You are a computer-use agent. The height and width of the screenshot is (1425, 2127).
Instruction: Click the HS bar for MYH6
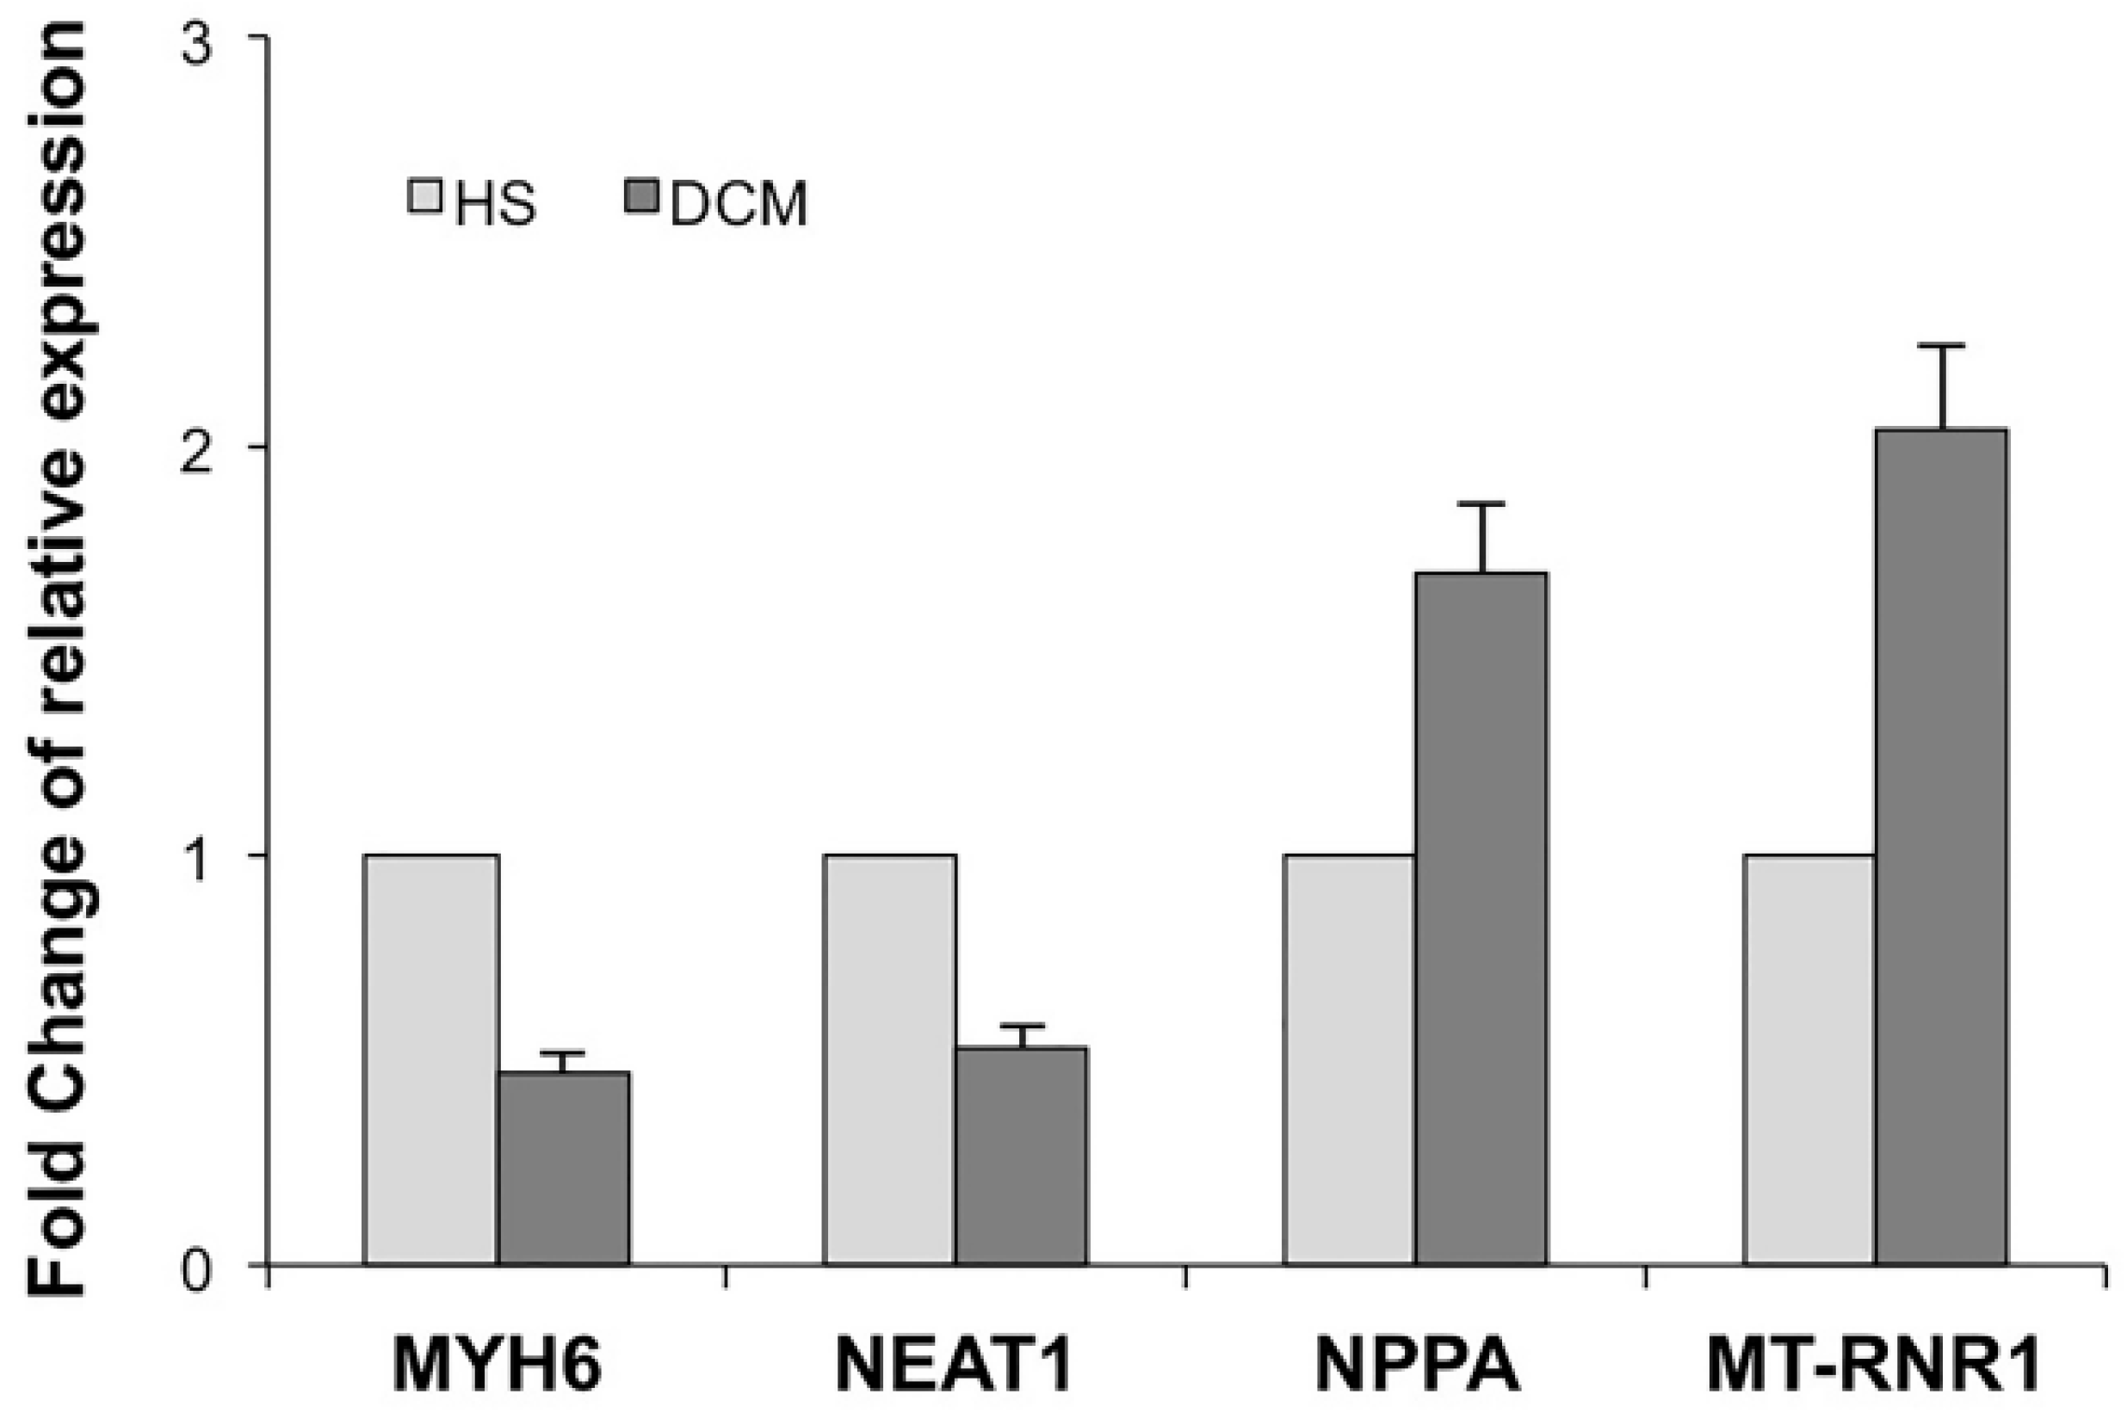coord(431,1058)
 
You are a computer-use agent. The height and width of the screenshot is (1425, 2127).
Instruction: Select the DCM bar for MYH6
coord(565,1168)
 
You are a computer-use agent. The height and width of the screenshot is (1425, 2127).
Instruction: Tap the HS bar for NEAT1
coord(890,1058)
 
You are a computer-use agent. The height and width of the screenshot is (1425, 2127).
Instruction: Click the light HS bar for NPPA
coord(1349,1058)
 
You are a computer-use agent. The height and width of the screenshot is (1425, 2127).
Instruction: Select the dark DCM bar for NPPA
coord(1481,918)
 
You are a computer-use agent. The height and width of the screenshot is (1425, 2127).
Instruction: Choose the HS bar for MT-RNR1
coord(1809,1058)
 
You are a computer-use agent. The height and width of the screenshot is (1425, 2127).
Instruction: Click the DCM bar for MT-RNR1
coord(1942,845)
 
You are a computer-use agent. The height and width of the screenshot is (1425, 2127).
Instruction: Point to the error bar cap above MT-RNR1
coord(1942,345)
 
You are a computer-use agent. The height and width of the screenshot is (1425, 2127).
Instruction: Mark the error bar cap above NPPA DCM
coord(1481,503)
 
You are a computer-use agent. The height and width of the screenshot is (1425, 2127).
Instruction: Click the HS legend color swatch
coord(424,196)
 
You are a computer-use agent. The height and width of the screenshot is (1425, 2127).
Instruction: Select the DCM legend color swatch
coord(642,196)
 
